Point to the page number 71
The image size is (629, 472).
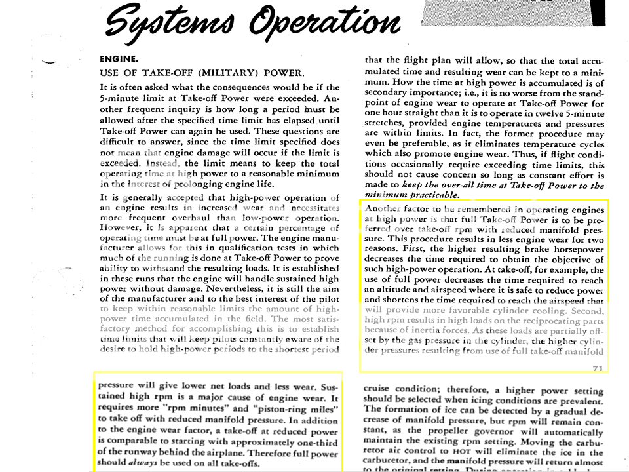click(x=597, y=368)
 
